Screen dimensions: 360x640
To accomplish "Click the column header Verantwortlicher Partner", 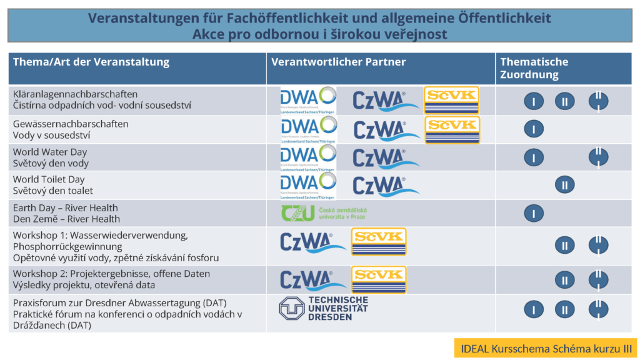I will click(338, 62).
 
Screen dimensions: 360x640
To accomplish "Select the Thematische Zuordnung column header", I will click(534, 68).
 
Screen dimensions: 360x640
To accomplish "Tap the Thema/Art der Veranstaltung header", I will click(91, 62).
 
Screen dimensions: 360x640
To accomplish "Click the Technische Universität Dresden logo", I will click(324, 309).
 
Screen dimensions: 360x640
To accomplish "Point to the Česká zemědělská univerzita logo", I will click(323, 212).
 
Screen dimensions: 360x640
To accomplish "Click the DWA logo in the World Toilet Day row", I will click(308, 184).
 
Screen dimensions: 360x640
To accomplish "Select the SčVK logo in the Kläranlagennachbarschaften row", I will click(451, 100).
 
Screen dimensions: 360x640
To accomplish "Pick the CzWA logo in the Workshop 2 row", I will click(306, 280).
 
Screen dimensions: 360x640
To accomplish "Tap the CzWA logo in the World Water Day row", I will click(386, 158).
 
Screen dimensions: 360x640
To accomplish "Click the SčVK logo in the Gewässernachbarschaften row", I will click(452, 129).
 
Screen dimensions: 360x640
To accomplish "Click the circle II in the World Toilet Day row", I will click(564, 184).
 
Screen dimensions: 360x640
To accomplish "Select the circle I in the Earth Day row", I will click(534, 213).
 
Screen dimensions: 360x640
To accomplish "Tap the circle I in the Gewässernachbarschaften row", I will click(534, 129).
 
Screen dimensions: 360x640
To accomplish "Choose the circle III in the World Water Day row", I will click(598, 157).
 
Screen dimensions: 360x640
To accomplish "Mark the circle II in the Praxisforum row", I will click(564, 309).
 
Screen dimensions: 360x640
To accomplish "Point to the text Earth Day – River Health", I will click(66, 207).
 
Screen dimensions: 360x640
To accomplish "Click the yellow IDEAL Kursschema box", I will click(545, 348).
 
